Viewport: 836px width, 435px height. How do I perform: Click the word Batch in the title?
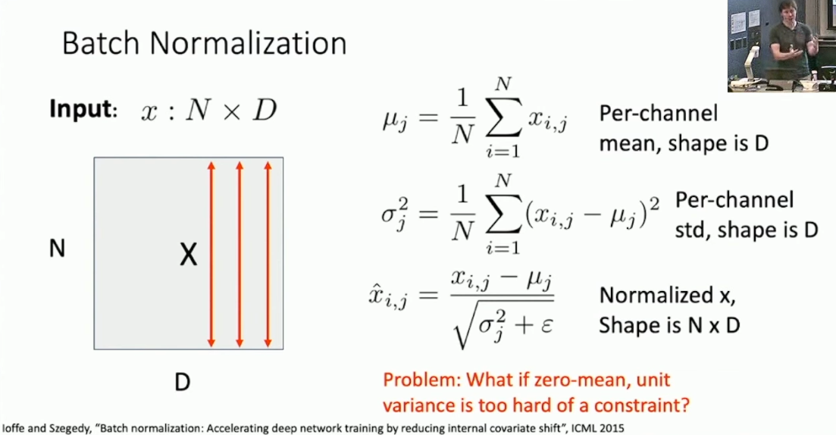[101, 43]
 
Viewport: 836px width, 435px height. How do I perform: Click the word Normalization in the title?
[248, 43]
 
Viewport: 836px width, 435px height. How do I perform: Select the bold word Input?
[82, 110]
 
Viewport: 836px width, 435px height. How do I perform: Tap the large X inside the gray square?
[188, 255]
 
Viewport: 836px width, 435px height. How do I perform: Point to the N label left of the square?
[57, 249]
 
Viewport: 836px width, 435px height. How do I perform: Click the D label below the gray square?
[183, 382]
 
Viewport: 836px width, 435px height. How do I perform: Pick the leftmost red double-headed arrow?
[211, 255]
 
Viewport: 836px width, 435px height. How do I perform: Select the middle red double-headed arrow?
[240, 255]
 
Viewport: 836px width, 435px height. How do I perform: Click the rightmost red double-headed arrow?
[268, 255]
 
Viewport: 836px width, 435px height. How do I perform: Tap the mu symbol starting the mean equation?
[395, 121]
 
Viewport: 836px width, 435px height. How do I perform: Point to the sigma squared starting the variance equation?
[395, 213]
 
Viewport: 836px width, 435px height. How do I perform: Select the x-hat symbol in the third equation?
[388, 295]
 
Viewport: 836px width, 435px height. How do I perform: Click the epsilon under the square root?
[546, 325]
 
